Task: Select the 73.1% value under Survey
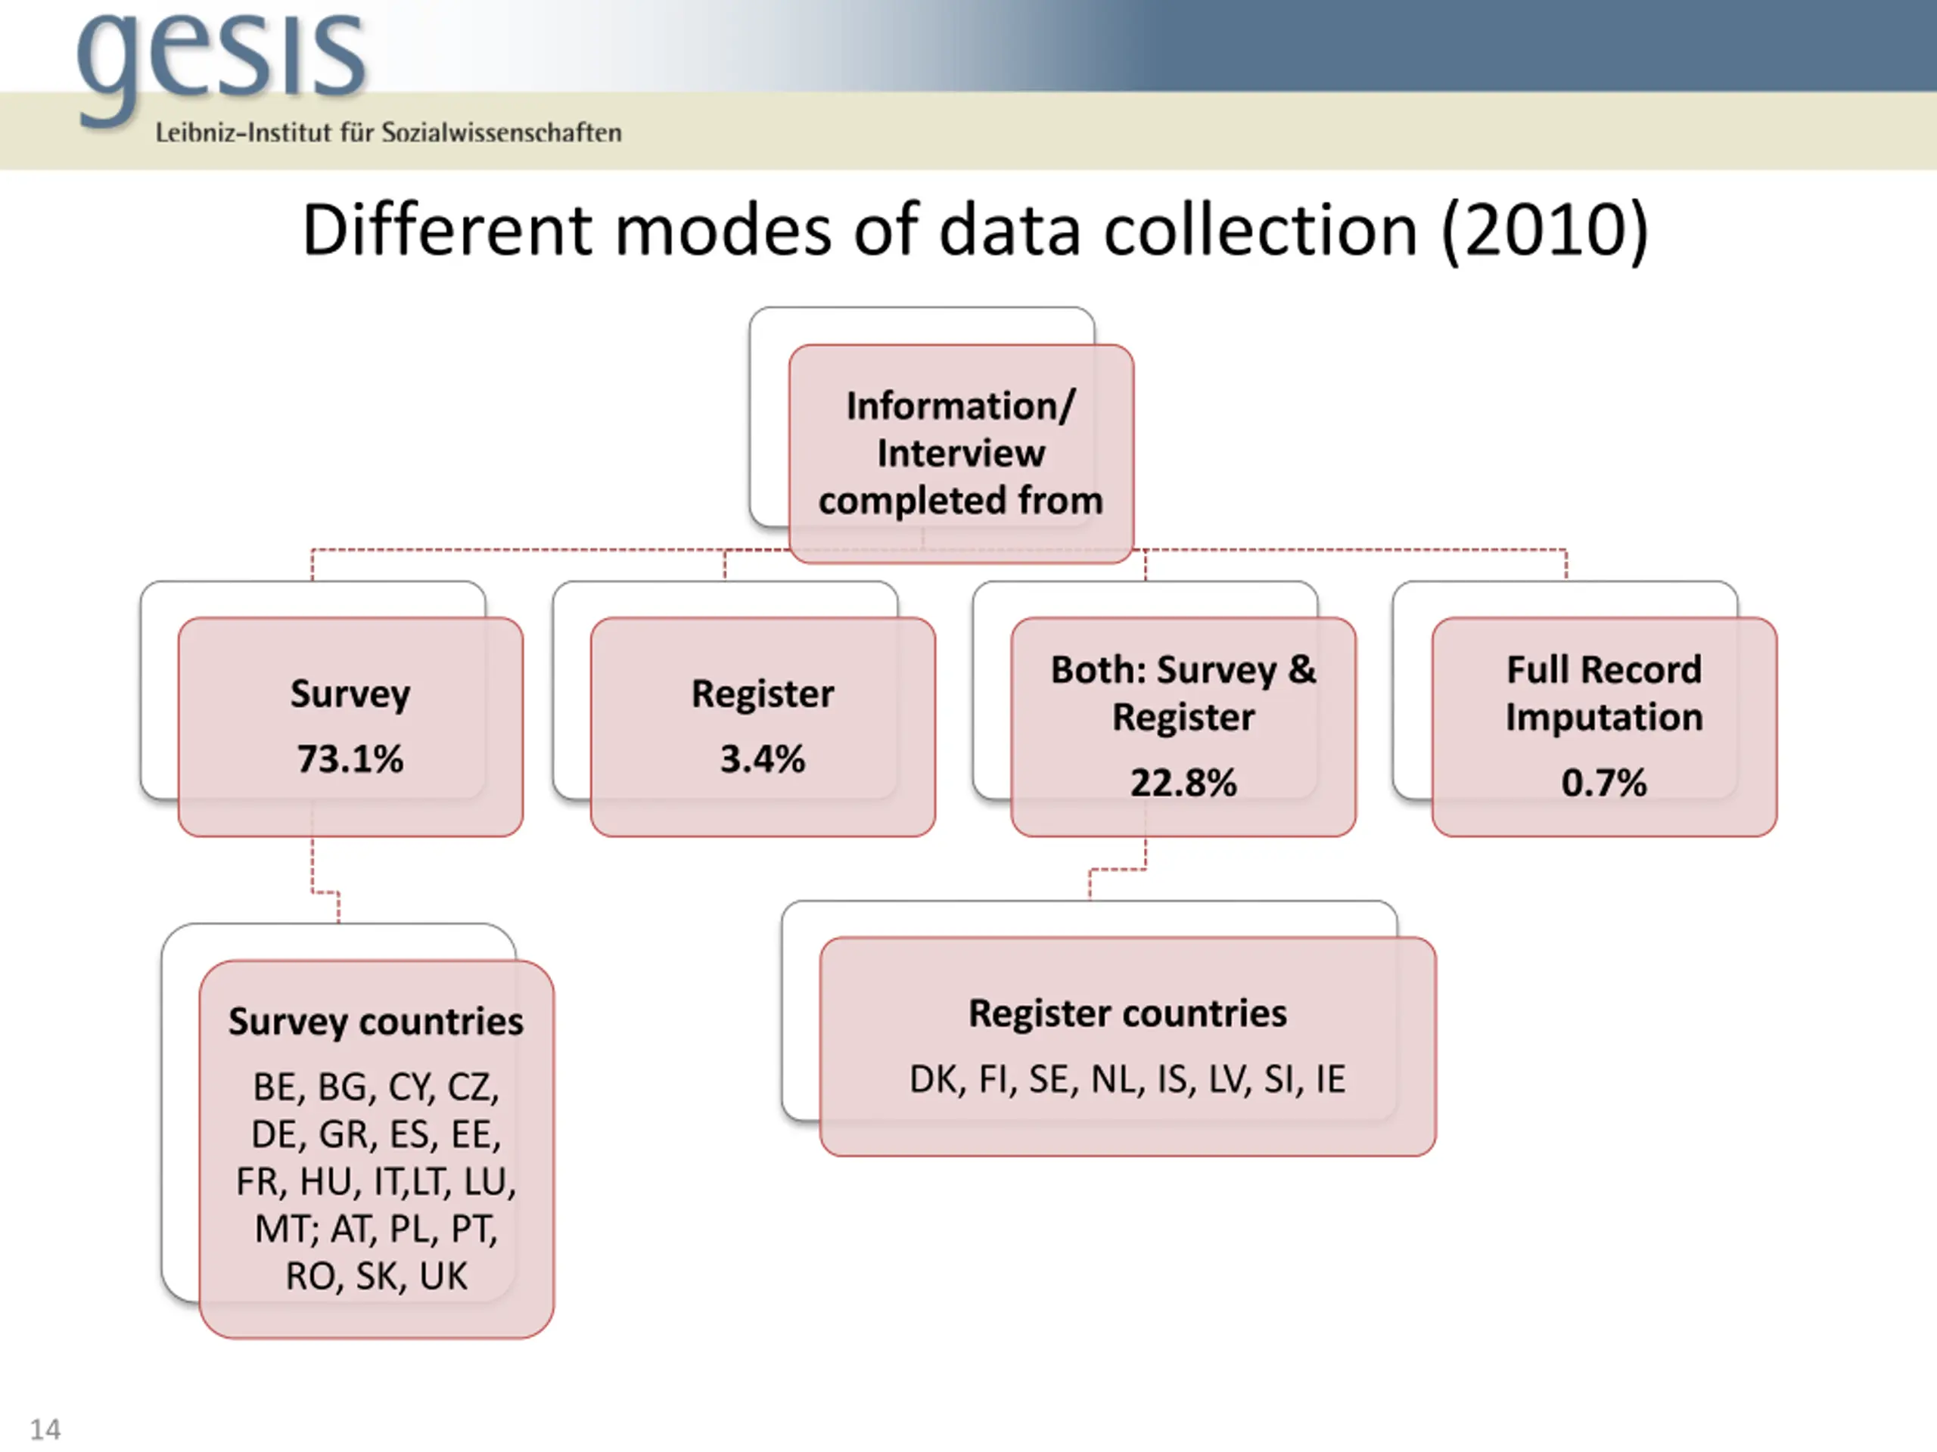point(350,759)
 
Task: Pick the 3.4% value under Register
point(762,759)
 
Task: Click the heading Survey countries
point(375,1022)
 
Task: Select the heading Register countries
point(1127,1013)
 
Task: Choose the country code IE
point(1330,1079)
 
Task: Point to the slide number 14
point(45,1429)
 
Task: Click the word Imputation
point(1603,718)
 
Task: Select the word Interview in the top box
point(961,453)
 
